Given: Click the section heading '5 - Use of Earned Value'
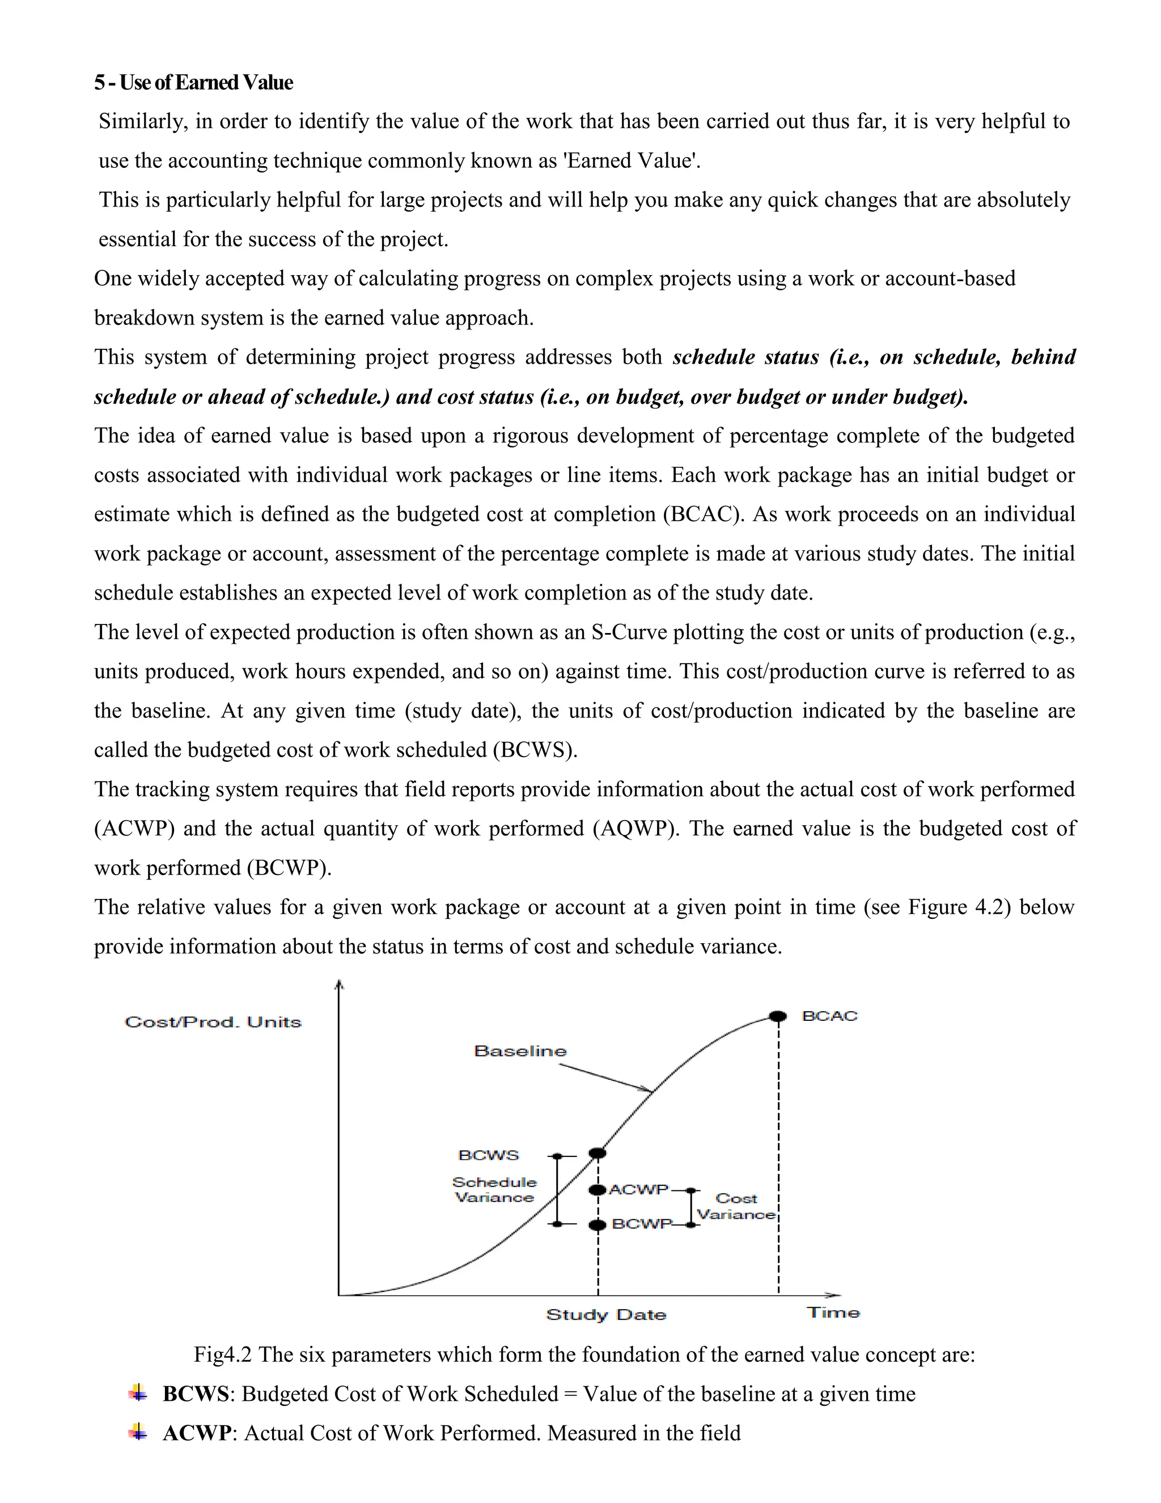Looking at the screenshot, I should coord(193,83).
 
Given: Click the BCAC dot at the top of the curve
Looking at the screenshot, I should coord(778,1016).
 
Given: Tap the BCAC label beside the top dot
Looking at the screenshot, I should coord(829,1016).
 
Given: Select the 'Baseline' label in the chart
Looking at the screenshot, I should coord(520,1052).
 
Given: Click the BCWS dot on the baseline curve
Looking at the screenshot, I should coord(598,1152).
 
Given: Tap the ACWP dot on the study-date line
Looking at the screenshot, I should coord(598,1190).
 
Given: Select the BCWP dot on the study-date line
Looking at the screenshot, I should coord(598,1225).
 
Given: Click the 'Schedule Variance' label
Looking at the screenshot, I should coord(494,1190).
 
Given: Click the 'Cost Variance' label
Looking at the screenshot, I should coord(736,1206).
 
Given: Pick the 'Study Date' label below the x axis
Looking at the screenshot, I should coord(606,1315).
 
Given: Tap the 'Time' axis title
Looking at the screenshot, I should coord(833,1313).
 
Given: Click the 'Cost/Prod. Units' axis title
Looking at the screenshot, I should coord(213,1023).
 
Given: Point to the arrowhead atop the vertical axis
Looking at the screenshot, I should coord(338,986).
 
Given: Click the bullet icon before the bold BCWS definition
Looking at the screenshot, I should coord(138,1394).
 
